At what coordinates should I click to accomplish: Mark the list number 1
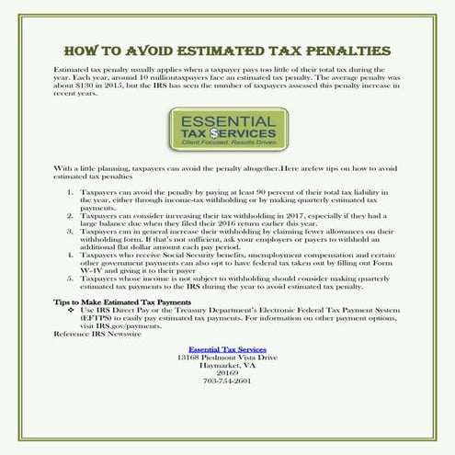point(73,194)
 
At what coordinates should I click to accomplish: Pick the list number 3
point(73,233)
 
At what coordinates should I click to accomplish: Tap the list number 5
point(73,276)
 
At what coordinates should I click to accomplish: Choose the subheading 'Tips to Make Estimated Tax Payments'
point(117,301)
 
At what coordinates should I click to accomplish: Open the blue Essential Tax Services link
point(227,349)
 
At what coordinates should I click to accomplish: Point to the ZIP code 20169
point(227,371)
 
